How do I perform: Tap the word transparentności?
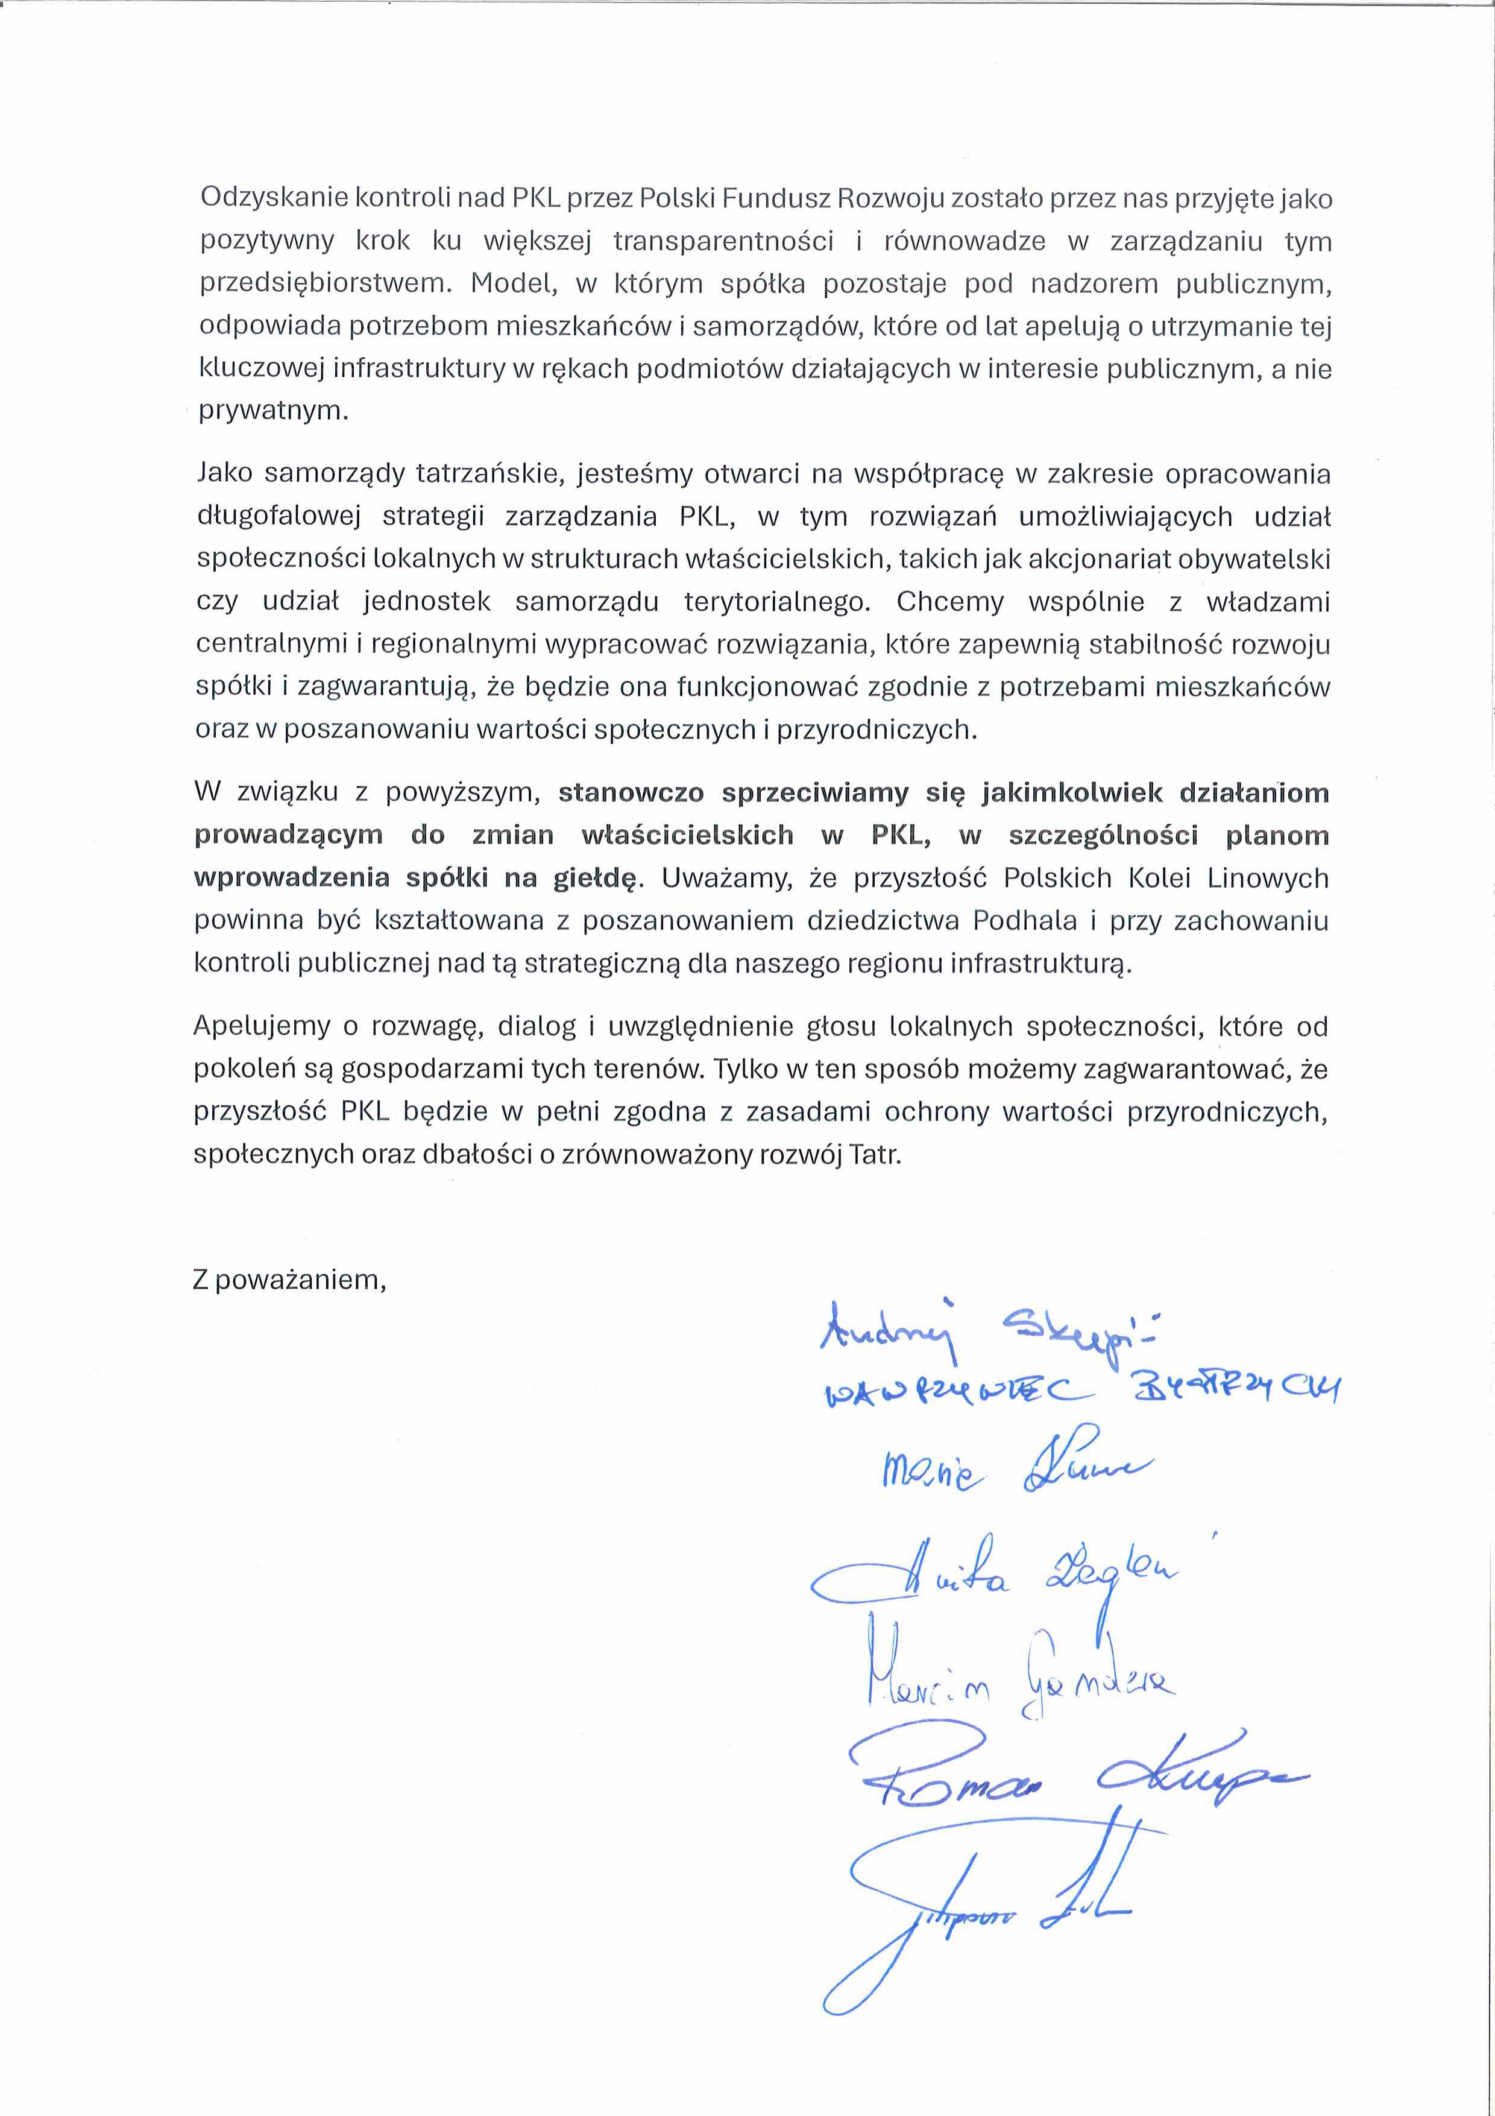(x=723, y=241)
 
